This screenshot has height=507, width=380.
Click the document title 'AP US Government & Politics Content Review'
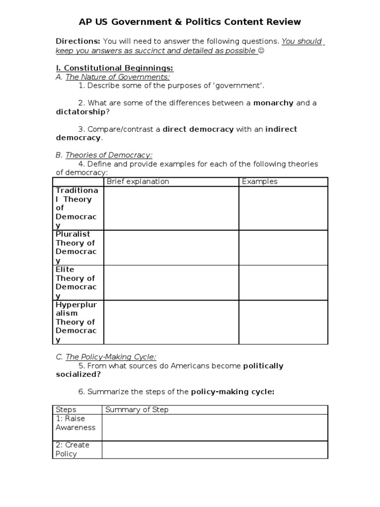[190, 22]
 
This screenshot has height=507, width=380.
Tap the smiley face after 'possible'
[261, 51]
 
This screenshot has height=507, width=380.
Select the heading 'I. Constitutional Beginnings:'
[114, 68]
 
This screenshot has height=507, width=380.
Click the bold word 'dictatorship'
[81, 112]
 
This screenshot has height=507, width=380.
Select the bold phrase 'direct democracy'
[198, 129]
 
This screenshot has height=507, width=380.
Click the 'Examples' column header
[260, 182]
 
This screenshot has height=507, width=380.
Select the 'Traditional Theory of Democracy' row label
[77, 208]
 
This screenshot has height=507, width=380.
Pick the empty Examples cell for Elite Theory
[283, 282]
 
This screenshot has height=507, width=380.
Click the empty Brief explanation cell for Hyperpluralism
[171, 322]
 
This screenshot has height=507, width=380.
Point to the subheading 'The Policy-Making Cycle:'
[111, 356]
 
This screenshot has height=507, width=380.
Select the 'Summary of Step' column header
[137, 409]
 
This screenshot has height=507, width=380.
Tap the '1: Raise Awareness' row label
[76, 423]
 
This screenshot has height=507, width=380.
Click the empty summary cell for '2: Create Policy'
[215, 450]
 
